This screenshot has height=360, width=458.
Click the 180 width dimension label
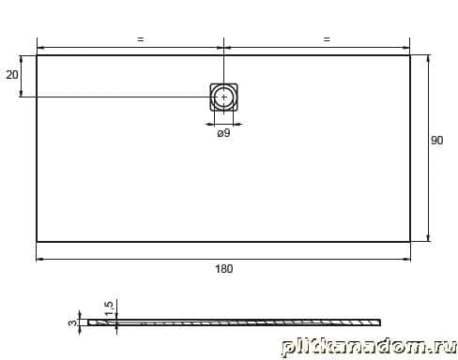(x=224, y=269)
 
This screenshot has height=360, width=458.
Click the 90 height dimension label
(x=436, y=141)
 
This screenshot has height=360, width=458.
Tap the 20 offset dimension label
(x=12, y=75)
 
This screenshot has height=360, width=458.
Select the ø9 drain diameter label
(x=223, y=133)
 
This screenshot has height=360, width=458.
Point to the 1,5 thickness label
(x=109, y=308)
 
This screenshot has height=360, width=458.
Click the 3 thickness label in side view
(x=72, y=322)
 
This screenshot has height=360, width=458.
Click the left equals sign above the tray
(x=141, y=39)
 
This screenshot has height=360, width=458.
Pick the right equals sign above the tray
(x=327, y=39)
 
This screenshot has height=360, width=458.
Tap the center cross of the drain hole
(x=223, y=97)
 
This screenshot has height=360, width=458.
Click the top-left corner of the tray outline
(x=37, y=55)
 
